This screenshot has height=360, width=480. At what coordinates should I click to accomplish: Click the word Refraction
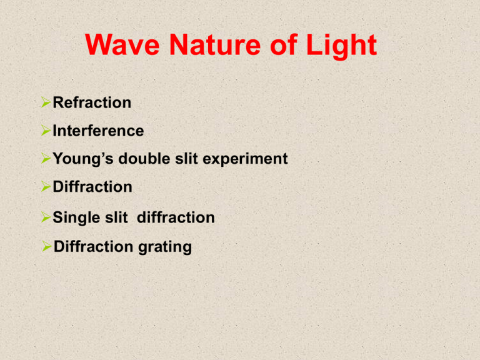pos(92,102)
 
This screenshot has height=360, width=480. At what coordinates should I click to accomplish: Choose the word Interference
pos(98,131)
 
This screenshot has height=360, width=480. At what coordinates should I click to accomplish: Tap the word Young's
pos(80,159)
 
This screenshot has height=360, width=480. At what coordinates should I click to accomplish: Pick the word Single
pos(73,218)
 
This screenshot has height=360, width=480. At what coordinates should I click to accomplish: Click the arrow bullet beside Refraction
pos(46,102)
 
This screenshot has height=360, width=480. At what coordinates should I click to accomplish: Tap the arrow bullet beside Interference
pos(46,131)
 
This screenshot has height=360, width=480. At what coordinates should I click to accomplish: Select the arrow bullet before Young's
pos(46,159)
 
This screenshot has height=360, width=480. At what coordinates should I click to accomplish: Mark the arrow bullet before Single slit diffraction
pos(46,218)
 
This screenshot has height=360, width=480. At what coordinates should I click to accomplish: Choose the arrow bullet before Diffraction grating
pos(46,247)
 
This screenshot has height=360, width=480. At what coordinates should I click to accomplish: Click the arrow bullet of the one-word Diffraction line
pos(46,187)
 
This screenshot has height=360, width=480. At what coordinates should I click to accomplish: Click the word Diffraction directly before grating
pos(92,247)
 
